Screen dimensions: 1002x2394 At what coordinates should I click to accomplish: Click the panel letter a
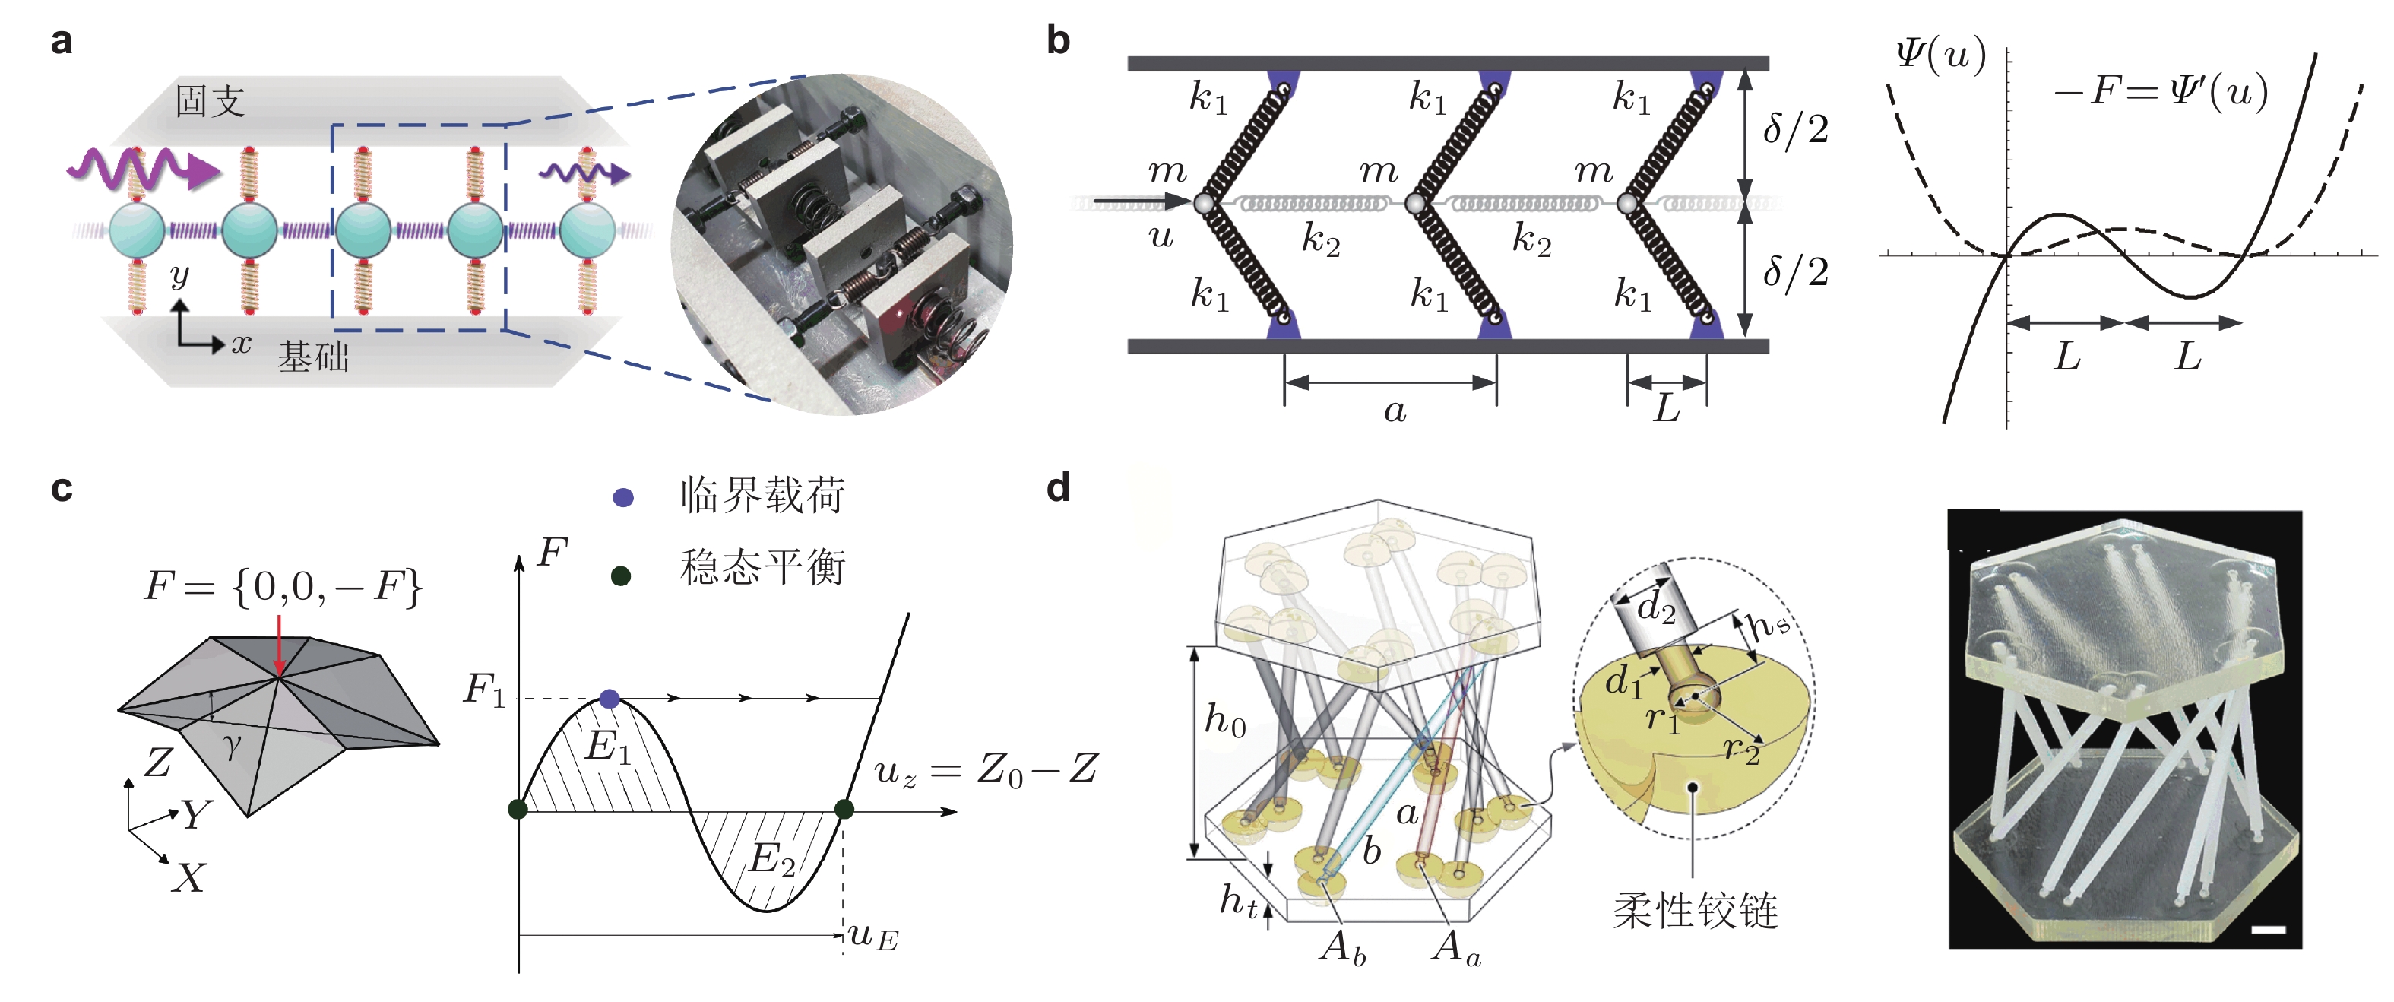[62, 42]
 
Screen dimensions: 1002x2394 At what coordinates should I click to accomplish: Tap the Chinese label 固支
[210, 101]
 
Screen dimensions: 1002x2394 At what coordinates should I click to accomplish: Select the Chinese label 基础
[313, 357]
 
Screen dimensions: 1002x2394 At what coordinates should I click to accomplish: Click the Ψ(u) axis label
[1940, 55]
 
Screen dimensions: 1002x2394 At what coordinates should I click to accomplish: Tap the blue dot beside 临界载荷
[622, 497]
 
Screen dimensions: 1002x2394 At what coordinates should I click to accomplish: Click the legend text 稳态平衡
[762, 567]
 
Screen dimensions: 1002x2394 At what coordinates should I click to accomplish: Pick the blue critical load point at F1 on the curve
[609, 698]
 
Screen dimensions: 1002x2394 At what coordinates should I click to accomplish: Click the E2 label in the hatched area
[771, 858]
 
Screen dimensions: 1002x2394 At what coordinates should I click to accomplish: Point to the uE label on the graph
[873, 936]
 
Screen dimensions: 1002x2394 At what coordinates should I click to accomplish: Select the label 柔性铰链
[1695, 911]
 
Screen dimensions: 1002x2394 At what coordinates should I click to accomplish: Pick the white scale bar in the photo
[2269, 928]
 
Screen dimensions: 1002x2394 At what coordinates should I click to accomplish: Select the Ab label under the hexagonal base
[1343, 947]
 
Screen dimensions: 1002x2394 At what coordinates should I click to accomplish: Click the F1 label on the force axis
[484, 690]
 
